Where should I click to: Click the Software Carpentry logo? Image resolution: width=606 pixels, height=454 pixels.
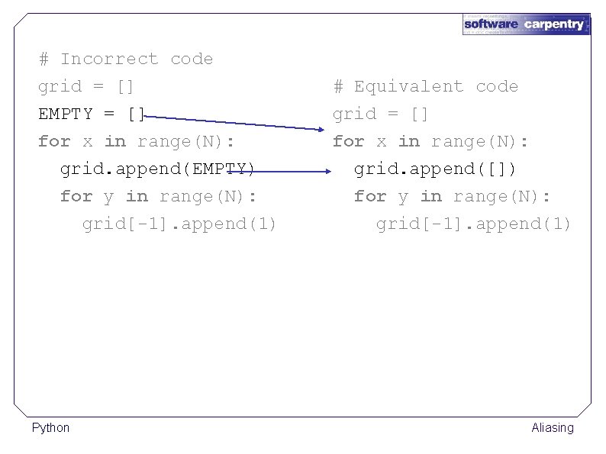click(x=526, y=24)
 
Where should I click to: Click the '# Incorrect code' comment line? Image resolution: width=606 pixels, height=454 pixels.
click(x=126, y=60)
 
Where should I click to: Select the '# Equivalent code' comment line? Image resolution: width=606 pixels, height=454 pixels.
click(x=425, y=87)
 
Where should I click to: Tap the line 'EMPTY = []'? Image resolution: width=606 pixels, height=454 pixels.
click(x=92, y=114)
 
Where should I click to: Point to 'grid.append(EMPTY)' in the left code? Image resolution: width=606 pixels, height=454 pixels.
click(x=157, y=169)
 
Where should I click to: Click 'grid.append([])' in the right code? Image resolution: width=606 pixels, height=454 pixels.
click(x=435, y=169)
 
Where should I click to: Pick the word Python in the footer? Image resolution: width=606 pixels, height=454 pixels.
click(x=50, y=428)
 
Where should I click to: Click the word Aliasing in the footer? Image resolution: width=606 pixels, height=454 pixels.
click(x=553, y=428)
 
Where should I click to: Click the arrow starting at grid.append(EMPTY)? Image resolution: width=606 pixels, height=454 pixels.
click(x=275, y=172)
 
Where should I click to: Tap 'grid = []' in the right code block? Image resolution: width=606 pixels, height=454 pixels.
click(x=380, y=114)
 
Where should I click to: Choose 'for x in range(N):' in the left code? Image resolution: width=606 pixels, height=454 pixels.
click(x=136, y=142)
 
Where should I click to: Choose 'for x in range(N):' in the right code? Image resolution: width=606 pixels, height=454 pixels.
click(x=430, y=142)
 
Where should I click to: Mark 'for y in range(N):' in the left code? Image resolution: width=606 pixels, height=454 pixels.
click(x=158, y=197)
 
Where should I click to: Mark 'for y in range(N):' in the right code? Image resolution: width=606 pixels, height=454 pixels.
click(x=452, y=197)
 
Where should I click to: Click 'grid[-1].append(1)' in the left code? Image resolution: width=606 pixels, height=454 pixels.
click(x=179, y=224)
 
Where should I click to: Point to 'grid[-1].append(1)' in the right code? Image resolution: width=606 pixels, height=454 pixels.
click(x=473, y=224)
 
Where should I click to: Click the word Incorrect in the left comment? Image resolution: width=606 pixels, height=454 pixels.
click(x=109, y=60)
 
